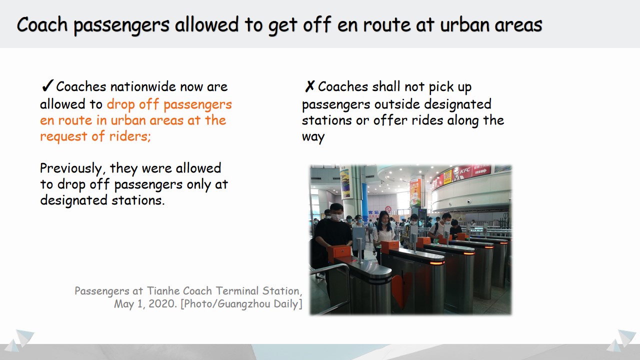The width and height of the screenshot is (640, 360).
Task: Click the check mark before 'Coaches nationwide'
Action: click(47, 85)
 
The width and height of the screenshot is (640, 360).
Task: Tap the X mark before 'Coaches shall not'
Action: click(309, 86)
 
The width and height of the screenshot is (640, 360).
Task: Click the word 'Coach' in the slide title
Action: click(42, 24)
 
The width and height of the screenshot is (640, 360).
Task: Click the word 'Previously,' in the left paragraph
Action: click(71, 168)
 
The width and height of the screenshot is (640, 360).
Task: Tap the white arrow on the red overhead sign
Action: click(481, 171)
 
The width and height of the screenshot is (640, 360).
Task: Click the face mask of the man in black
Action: click(336, 217)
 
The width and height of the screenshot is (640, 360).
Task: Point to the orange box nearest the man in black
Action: click(339, 252)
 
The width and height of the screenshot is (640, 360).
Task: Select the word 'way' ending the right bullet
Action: click(313, 137)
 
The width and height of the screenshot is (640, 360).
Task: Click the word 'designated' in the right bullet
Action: click(457, 104)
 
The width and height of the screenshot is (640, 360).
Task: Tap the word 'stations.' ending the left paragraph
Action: click(138, 200)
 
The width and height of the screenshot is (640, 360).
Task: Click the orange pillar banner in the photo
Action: click(415, 192)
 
